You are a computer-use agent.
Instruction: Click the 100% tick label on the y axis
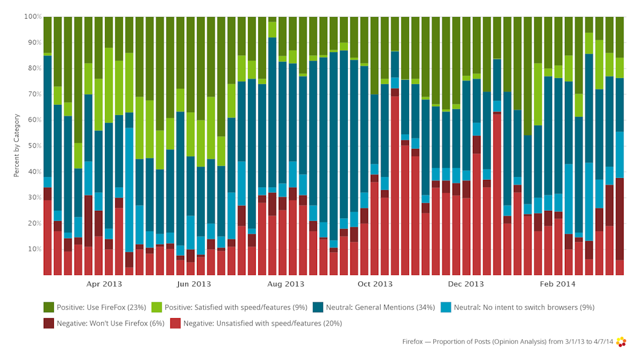click(33, 16)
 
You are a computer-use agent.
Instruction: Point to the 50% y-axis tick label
click(34, 146)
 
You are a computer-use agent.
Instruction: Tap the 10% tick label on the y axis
click(34, 249)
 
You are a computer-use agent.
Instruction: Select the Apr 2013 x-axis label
click(104, 284)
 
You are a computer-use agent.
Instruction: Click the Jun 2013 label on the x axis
click(194, 284)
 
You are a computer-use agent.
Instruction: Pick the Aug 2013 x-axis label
click(285, 284)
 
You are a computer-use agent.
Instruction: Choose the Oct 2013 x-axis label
click(375, 284)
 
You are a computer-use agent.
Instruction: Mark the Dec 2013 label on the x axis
click(466, 284)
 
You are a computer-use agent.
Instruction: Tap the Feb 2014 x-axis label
click(558, 284)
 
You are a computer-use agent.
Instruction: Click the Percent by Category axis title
click(17, 146)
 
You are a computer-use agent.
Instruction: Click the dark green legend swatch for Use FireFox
click(48, 307)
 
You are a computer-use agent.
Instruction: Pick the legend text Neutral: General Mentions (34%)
click(380, 307)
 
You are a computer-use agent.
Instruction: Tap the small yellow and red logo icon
click(621, 342)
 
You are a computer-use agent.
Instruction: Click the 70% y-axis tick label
click(34, 95)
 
